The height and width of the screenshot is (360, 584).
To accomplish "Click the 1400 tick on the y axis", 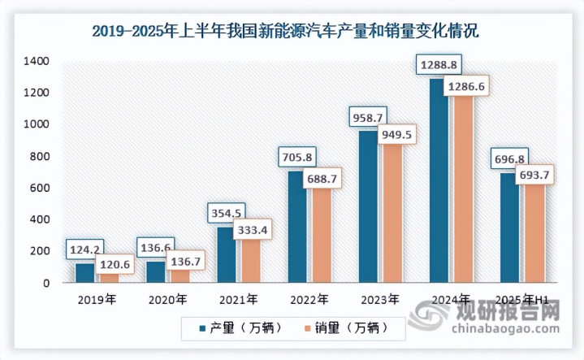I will (x=37, y=62).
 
